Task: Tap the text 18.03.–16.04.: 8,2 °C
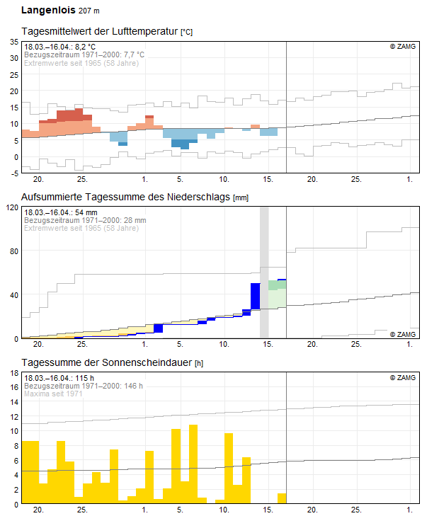pyautogui.click(x=60, y=47)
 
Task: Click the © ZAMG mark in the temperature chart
pyautogui.click(x=402, y=47)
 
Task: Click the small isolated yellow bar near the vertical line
pyautogui.click(x=282, y=498)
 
